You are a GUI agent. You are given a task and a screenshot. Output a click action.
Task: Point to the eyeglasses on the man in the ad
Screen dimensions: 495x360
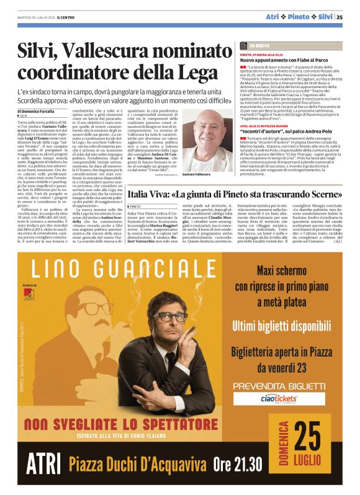(169, 316)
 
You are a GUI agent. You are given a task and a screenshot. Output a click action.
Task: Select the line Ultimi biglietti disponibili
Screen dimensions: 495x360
(283, 326)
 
